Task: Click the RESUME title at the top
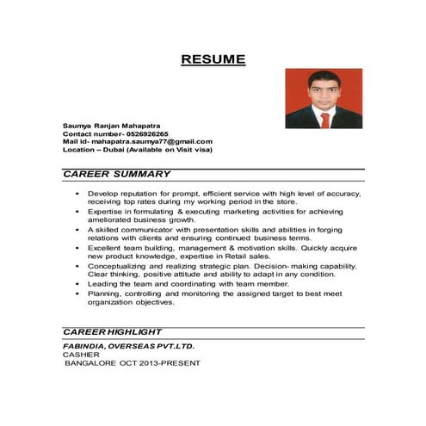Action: (x=213, y=59)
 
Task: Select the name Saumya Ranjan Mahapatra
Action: (x=111, y=126)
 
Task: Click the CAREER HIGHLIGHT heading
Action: (x=113, y=331)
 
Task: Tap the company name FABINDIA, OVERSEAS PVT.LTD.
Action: (x=128, y=346)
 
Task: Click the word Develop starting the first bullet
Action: (x=103, y=194)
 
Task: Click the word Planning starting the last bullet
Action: (x=105, y=293)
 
